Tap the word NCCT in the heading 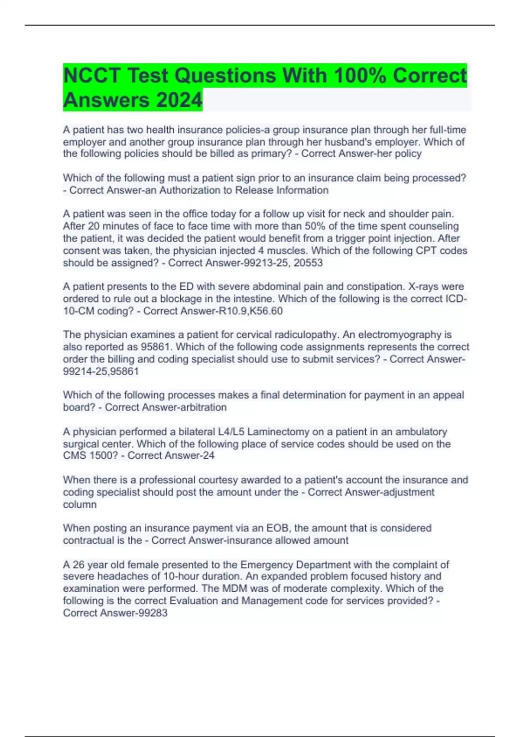tap(91, 76)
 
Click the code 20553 tap(308, 263)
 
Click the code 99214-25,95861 tap(101, 371)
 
